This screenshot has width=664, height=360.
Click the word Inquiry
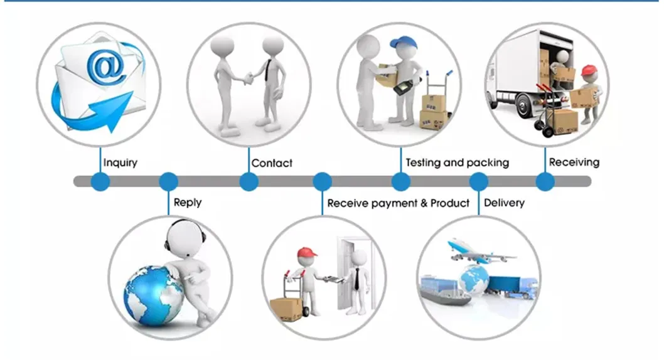tap(120, 162)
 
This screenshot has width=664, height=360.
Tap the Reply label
tap(188, 203)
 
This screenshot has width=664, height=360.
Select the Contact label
tap(272, 163)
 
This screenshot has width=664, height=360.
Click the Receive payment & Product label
tap(398, 203)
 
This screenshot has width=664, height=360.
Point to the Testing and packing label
tap(457, 162)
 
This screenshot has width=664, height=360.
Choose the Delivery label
tap(504, 203)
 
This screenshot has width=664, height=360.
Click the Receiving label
tap(574, 162)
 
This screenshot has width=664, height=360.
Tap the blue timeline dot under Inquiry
tap(100, 182)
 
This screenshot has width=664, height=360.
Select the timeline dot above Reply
tap(168, 182)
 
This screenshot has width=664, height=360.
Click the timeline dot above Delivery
tap(479, 182)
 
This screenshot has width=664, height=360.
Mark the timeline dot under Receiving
tap(545, 182)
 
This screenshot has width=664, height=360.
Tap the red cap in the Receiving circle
tap(587, 70)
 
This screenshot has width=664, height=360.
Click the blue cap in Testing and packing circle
tap(399, 44)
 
